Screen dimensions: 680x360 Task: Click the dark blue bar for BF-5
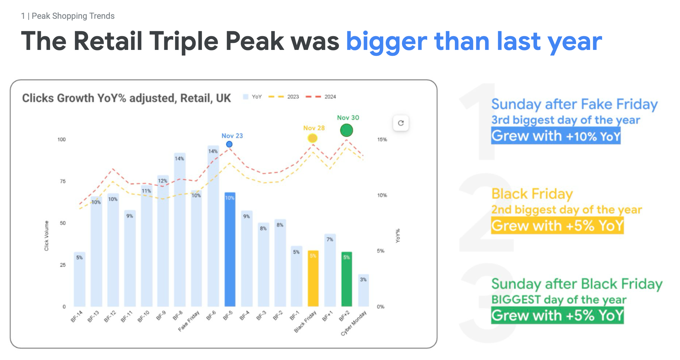[230, 249]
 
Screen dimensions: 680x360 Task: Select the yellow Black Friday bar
[313, 278]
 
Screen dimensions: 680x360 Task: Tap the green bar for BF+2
[347, 279]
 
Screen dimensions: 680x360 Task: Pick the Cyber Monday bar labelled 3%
[364, 290]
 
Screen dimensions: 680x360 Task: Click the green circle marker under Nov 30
[346, 130]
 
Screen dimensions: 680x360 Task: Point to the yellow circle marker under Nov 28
[313, 138]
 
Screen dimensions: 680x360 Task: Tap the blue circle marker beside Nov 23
[229, 144]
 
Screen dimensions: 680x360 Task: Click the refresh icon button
[401, 123]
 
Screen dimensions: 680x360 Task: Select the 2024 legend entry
[321, 97]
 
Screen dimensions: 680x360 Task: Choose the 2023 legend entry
[284, 97]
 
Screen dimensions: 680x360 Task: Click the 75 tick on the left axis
[63, 181]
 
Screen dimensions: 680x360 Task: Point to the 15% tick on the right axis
[382, 140]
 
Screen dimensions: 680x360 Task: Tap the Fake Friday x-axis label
[189, 321]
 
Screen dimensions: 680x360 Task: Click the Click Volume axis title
[47, 236]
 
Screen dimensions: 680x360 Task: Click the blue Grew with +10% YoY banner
[556, 136]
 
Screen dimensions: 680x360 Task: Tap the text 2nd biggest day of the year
[567, 210]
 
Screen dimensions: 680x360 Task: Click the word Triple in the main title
[184, 41]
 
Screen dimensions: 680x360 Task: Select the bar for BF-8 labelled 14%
[180, 230]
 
